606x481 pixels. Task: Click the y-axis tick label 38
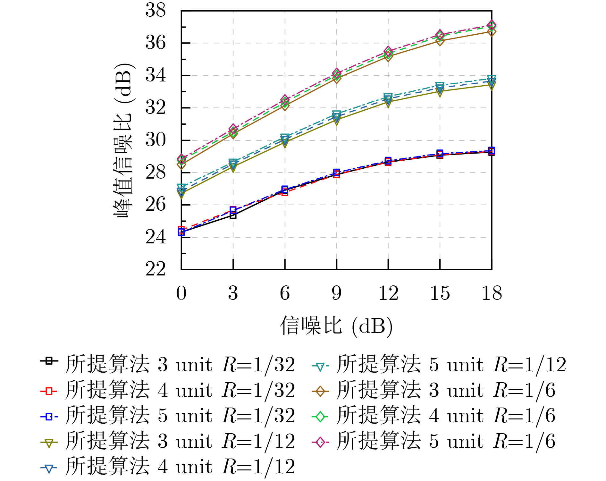click(156, 10)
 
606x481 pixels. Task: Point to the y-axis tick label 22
click(156, 269)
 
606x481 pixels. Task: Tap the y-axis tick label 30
click(156, 140)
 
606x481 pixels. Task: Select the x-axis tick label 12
click(388, 293)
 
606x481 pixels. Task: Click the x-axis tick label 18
click(492, 293)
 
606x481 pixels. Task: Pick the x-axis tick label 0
click(181, 293)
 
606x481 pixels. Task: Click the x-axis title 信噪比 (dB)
click(336, 326)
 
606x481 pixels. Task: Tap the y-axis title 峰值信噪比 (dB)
click(123, 140)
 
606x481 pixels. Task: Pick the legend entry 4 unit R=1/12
click(180, 466)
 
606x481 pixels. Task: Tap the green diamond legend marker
click(320, 417)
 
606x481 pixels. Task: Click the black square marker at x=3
click(233, 215)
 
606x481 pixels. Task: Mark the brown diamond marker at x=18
click(492, 32)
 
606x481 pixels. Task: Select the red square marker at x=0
click(181, 229)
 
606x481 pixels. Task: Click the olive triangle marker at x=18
click(492, 85)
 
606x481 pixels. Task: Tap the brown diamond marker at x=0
click(181, 165)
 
